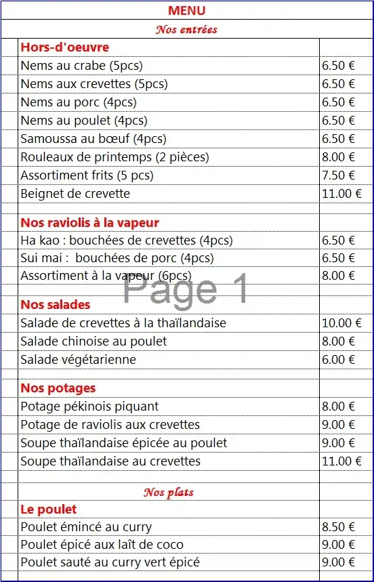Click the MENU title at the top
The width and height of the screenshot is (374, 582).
pyautogui.click(x=186, y=11)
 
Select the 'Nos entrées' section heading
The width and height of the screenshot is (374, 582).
pyautogui.click(x=186, y=29)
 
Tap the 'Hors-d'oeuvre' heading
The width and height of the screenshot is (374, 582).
pyautogui.click(x=64, y=47)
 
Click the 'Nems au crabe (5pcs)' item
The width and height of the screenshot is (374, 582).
pyautogui.click(x=81, y=66)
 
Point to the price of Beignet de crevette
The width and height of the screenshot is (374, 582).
pyautogui.click(x=342, y=194)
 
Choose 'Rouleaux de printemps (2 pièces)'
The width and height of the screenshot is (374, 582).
pyautogui.click(x=115, y=157)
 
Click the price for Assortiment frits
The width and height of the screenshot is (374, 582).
pyautogui.click(x=338, y=175)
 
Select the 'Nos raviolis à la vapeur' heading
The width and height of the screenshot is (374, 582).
pyautogui.click(x=89, y=223)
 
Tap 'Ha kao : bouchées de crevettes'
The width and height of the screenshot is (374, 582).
pyautogui.click(x=126, y=241)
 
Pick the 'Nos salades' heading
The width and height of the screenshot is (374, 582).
pyautogui.click(x=55, y=305)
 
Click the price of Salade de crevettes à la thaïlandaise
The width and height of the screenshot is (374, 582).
pyautogui.click(x=342, y=323)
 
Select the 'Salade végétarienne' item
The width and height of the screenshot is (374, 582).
pyautogui.click(x=78, y=360)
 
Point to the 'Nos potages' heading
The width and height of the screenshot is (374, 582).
pyautogui.click(x=58, y=388)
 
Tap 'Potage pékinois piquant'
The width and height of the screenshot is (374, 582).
pyautogui.click(x=89, y=407)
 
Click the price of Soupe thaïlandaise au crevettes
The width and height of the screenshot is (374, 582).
pyautogui.click(x=342, y=461)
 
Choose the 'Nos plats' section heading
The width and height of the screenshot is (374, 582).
pyautogui.click(x=168, y=493)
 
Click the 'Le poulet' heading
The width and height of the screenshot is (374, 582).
pyautogui.click(x=48, y=510)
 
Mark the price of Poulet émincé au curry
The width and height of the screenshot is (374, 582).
pyautogui.click(x=338, y=527)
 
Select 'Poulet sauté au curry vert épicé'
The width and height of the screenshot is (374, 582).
pyautogui.click(x=110, y=562)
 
